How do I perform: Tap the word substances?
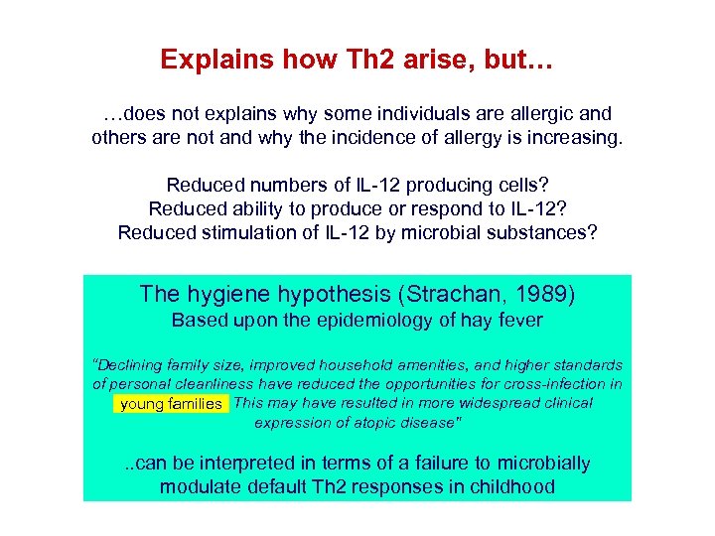pos(536,232)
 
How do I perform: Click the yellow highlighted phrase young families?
pos(171,404)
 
